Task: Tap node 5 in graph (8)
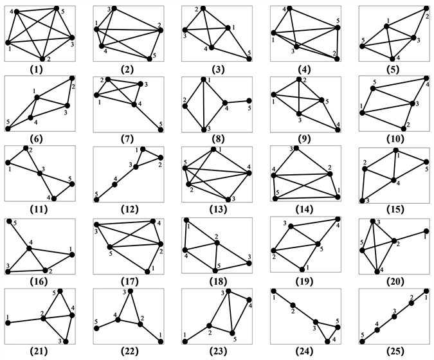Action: [249, 100]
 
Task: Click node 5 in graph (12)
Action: [96, 200]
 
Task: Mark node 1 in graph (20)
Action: [426, 231]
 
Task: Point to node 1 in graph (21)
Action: [8, 323]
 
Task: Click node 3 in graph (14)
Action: [296, 148]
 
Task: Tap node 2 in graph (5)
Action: [426, 8]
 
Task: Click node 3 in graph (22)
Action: [131, 292]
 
